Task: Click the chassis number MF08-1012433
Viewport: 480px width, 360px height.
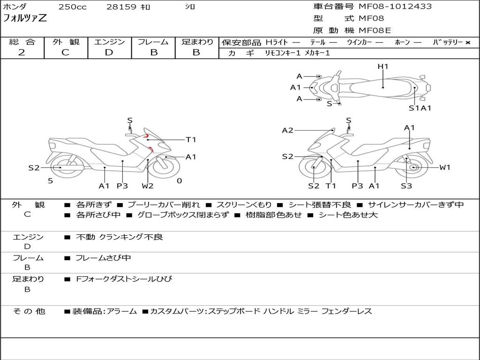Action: point(395,7)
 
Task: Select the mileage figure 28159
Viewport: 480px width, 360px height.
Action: point(121,7)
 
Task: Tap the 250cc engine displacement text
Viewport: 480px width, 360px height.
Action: point(73,7)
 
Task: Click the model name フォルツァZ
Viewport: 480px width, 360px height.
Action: point(25,18)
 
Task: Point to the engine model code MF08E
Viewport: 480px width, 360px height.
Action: point(375,30)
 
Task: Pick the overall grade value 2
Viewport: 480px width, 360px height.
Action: point(22,52)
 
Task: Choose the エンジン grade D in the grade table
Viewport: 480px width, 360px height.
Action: point(109,52)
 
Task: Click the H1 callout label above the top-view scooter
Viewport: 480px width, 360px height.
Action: point(383,66)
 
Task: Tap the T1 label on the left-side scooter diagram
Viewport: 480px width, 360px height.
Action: point(191,140)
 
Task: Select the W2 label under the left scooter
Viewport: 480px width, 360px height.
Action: point(147,186)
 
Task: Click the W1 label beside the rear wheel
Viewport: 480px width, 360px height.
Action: point(445,167)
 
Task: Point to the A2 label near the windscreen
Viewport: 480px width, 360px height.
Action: point(287,130)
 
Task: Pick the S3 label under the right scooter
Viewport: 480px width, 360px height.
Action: point(406,186)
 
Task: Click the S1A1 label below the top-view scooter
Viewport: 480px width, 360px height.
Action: point(420,108)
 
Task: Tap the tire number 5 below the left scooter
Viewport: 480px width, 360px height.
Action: point(51,181)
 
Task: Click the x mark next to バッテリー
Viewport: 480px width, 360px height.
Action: point(468,43)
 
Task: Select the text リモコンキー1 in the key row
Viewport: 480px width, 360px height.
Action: point(283,53)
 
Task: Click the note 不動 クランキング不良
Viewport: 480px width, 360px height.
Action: point(120,237)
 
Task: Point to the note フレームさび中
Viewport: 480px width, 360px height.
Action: point(103,258)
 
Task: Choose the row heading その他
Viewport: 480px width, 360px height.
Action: point(29,311)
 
